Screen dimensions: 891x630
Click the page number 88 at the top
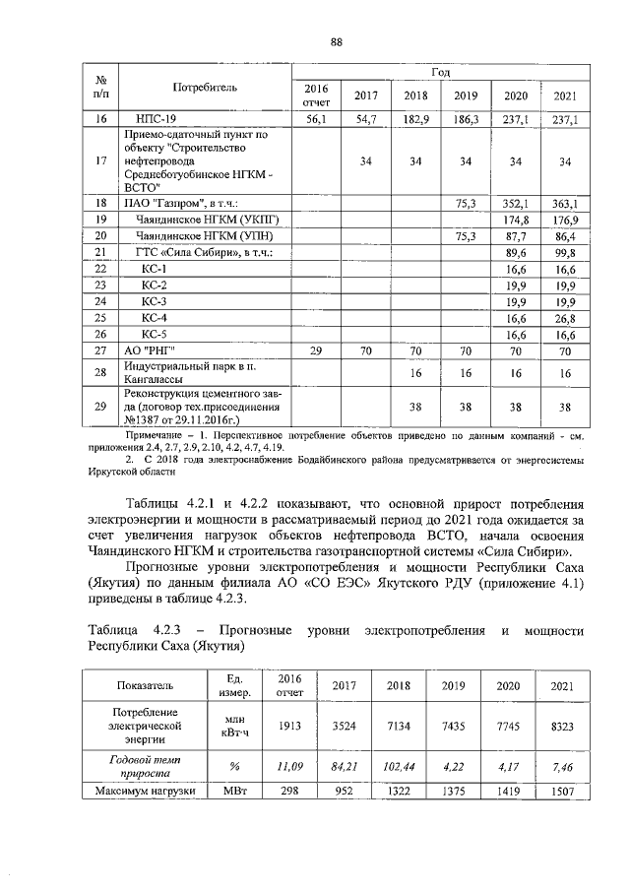point(336,41)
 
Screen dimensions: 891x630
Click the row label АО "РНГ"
point(148,350)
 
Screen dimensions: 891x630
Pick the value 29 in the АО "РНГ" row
point(316,350)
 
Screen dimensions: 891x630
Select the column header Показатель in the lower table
point(145,686)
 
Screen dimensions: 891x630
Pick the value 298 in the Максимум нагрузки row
point(288,792)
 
